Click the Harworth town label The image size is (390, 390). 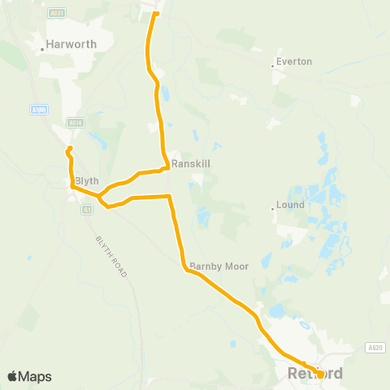pyautogui.click(x=72, y=45)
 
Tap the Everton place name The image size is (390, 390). pyautogui.click(x=294, y=61)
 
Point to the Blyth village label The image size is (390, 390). pyautogui.click(x=86, y=180)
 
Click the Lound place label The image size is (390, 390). pyautogui.click(x=291, y=205)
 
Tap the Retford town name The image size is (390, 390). pyautogui.click(x=315, y=375)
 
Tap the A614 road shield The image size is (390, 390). pyautogui.click(x=76, y=123)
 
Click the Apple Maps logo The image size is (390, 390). pyautogui.click(x=28, y=376)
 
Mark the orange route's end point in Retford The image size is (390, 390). pyautogui.click(x=321, y=375)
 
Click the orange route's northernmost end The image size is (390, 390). pyautogui.click(x=156, y=13)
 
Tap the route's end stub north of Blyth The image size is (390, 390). pyautogui.click(x=70, y=148)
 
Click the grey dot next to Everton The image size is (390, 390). pyautogui.click(x=272, y=66)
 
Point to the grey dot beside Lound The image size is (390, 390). pyautogui.click(x=272, y=209)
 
